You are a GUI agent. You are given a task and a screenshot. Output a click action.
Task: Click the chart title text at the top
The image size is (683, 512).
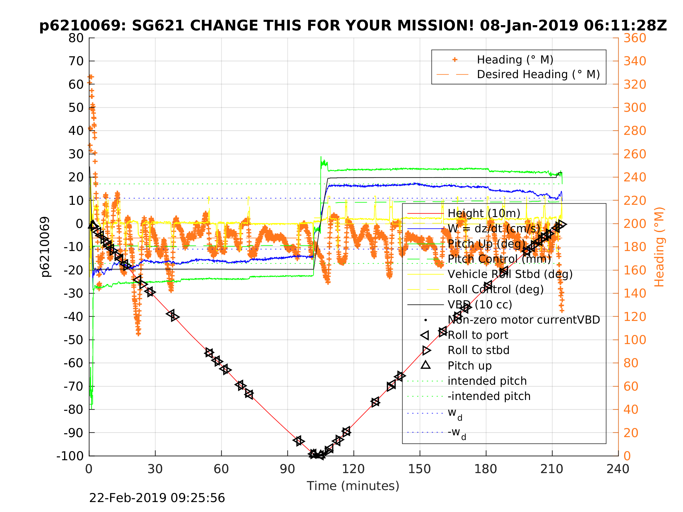(x=353, y=26)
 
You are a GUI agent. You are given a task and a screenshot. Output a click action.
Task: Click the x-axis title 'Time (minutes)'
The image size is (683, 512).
(x=353, y=486)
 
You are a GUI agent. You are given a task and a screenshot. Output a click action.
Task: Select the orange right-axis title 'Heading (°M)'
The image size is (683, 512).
(x=659, y=247)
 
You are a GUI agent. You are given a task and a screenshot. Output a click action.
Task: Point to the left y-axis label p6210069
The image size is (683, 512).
(x=45, y=247)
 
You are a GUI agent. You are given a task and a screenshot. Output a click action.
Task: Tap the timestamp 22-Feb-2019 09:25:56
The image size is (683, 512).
(x=157, y=498)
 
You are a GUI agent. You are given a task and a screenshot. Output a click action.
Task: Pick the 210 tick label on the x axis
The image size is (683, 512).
(x=552, y=469)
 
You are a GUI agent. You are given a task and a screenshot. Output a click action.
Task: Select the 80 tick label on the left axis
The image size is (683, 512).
(x=76, y=38)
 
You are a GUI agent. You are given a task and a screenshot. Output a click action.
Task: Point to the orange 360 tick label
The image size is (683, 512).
(x=634, y=38)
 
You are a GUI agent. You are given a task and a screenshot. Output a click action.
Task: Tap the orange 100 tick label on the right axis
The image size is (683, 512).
(x=634, y=340)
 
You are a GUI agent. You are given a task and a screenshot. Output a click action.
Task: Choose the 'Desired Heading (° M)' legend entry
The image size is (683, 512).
(x=538, y=74)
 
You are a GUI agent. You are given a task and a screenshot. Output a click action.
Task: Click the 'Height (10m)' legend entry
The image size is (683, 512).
(x=484, y=213)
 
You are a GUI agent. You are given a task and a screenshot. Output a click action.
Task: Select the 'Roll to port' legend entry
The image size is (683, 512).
(x=478, y=335)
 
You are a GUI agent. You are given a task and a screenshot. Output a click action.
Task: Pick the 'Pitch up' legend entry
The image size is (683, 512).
(x=469, y=366)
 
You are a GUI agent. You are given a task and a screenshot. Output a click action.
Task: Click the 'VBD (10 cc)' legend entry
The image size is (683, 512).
(x=480, y=305)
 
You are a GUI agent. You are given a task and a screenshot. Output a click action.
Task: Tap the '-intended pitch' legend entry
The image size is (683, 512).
(x=489, y=396)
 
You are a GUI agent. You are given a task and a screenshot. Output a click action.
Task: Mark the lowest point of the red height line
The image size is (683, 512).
(x=316, y=455)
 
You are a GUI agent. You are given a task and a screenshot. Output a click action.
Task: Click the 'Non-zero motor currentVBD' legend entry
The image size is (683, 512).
(x=524, y=320)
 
